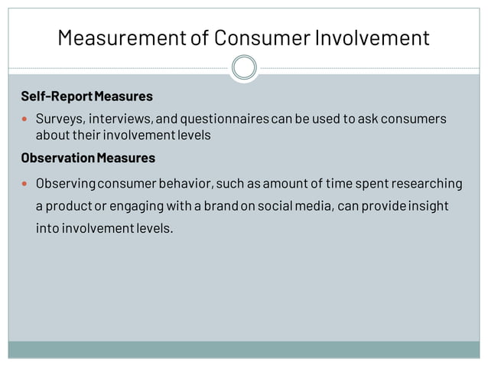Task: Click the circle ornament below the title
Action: pyautogui.click(x=244, y=68)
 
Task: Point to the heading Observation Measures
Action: pyautogui.click(x=88, y=158)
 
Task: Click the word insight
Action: pyautogui.click(x=425, y=207)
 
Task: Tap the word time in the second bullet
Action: pyautogui.click(x=340, y=184)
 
